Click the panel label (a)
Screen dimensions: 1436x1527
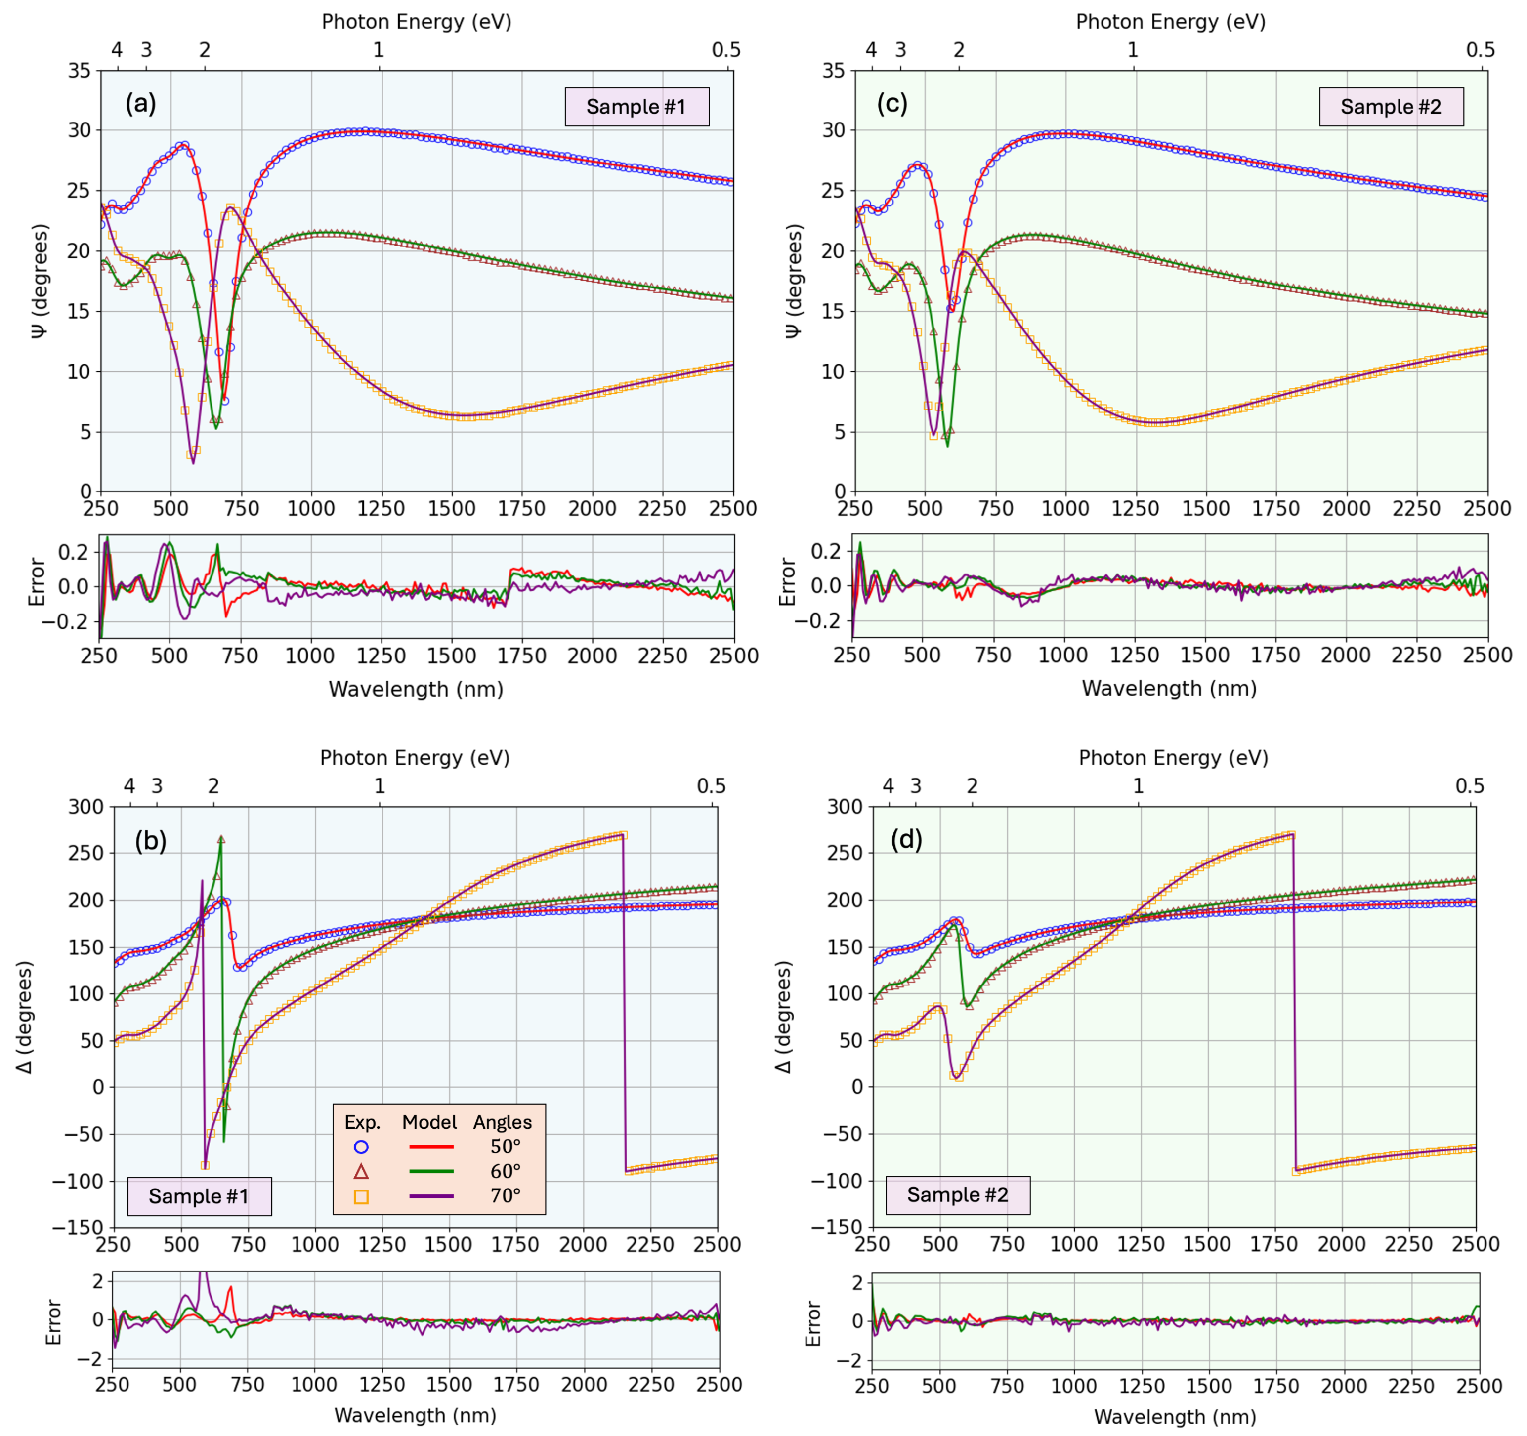coord(140,103)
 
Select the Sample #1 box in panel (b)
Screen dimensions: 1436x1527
coord(199,1195)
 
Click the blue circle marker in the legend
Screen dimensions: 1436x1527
coord(361,1147)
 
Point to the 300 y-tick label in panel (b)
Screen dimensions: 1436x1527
coord(85,806)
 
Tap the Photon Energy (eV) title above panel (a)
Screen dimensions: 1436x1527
coord(416,22)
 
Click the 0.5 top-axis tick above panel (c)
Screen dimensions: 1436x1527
coord(1480,50)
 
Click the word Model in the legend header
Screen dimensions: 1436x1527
coord(429,1122)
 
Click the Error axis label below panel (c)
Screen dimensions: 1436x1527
coord(787,581)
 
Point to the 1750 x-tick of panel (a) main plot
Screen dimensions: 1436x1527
coord(521,508)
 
